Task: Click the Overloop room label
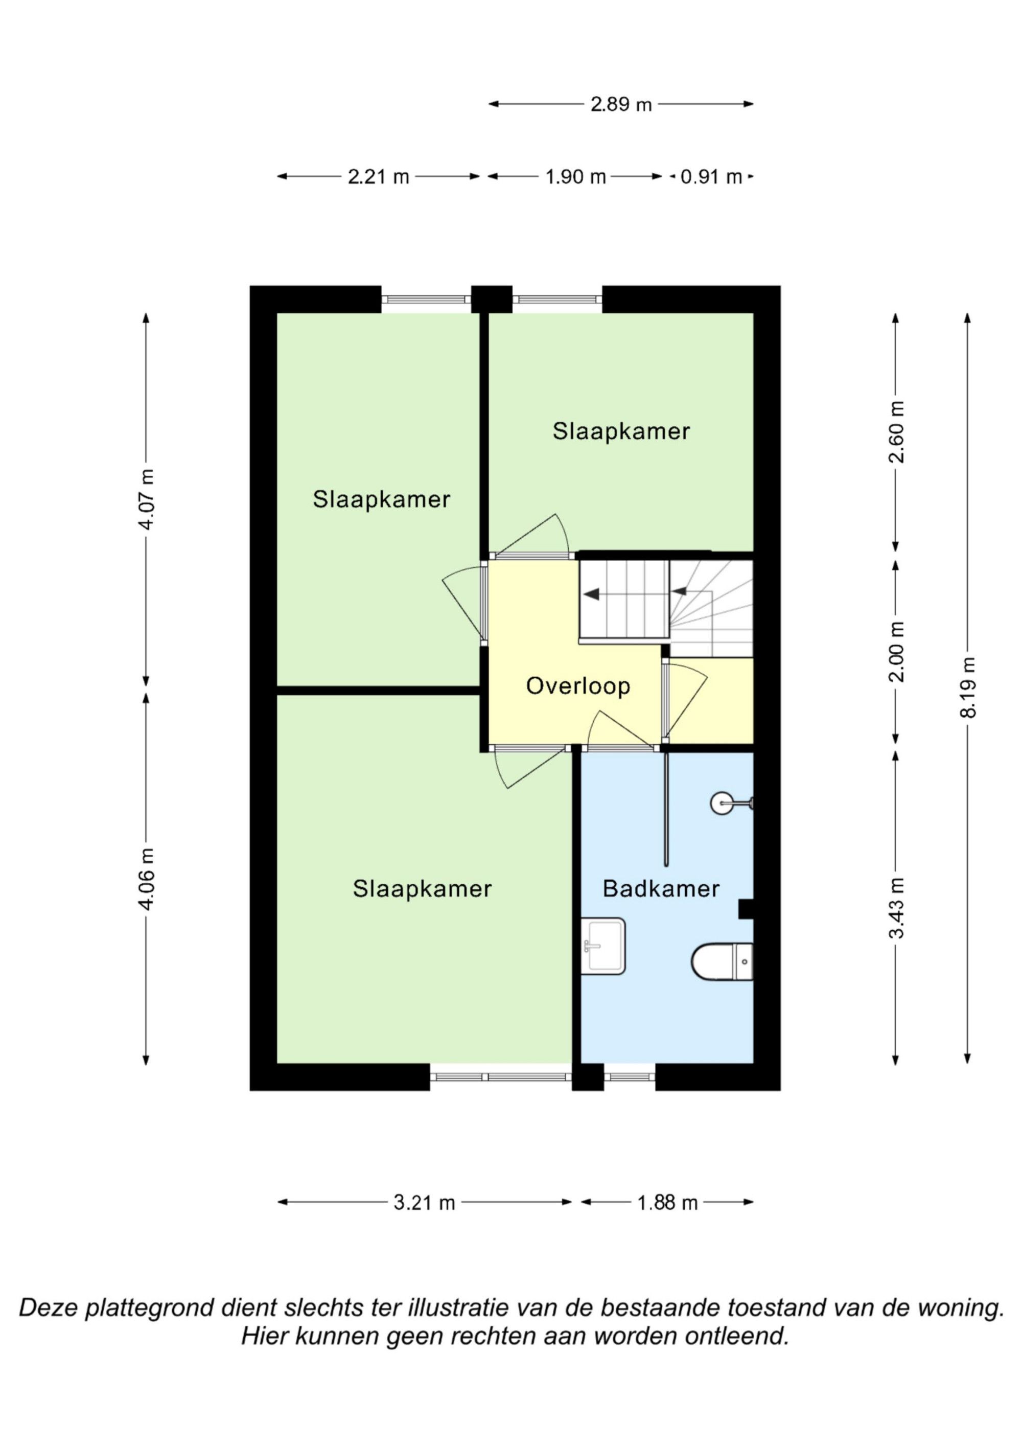[578, 686]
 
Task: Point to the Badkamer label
[661, 889]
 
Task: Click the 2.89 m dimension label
[621, 105]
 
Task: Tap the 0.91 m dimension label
[711, 177]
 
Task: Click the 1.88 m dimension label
[667, 1203]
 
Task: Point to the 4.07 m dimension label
[146, 499]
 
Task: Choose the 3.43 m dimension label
[896, 908]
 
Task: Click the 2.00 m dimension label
[896, 651]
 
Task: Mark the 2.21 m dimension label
[379, 177]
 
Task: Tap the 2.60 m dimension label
[896, 432]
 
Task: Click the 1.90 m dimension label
[575, 177]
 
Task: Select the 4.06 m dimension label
[146, 879]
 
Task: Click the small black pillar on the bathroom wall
[746, 909]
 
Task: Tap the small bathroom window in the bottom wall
[630, 1076]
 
